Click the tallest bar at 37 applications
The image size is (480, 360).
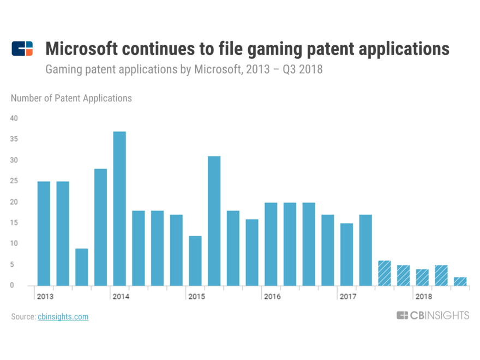point(119,208)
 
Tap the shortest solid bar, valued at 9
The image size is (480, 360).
point(82,267)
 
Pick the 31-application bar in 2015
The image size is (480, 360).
point(214,221)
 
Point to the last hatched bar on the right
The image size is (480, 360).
point(460,281)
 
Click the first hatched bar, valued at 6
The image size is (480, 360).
point(385,273)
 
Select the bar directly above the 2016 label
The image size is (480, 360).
point(271,244)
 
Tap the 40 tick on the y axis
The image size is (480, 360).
point(14,118)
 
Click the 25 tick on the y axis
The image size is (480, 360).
point(14,181)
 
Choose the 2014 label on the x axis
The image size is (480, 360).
point(121,297)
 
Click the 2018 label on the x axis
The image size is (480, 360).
point(423,297)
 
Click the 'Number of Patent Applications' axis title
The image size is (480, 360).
point(71,98)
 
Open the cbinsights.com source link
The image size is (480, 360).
point(63,316)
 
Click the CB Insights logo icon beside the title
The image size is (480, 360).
point(22,49)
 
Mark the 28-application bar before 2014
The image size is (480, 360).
point(100,227)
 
